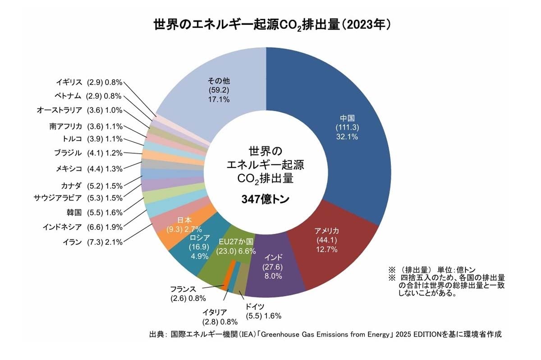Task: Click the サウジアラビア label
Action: (78, 198)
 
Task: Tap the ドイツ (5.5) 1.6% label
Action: (263, 311)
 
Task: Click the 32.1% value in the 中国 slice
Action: (347, 137)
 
